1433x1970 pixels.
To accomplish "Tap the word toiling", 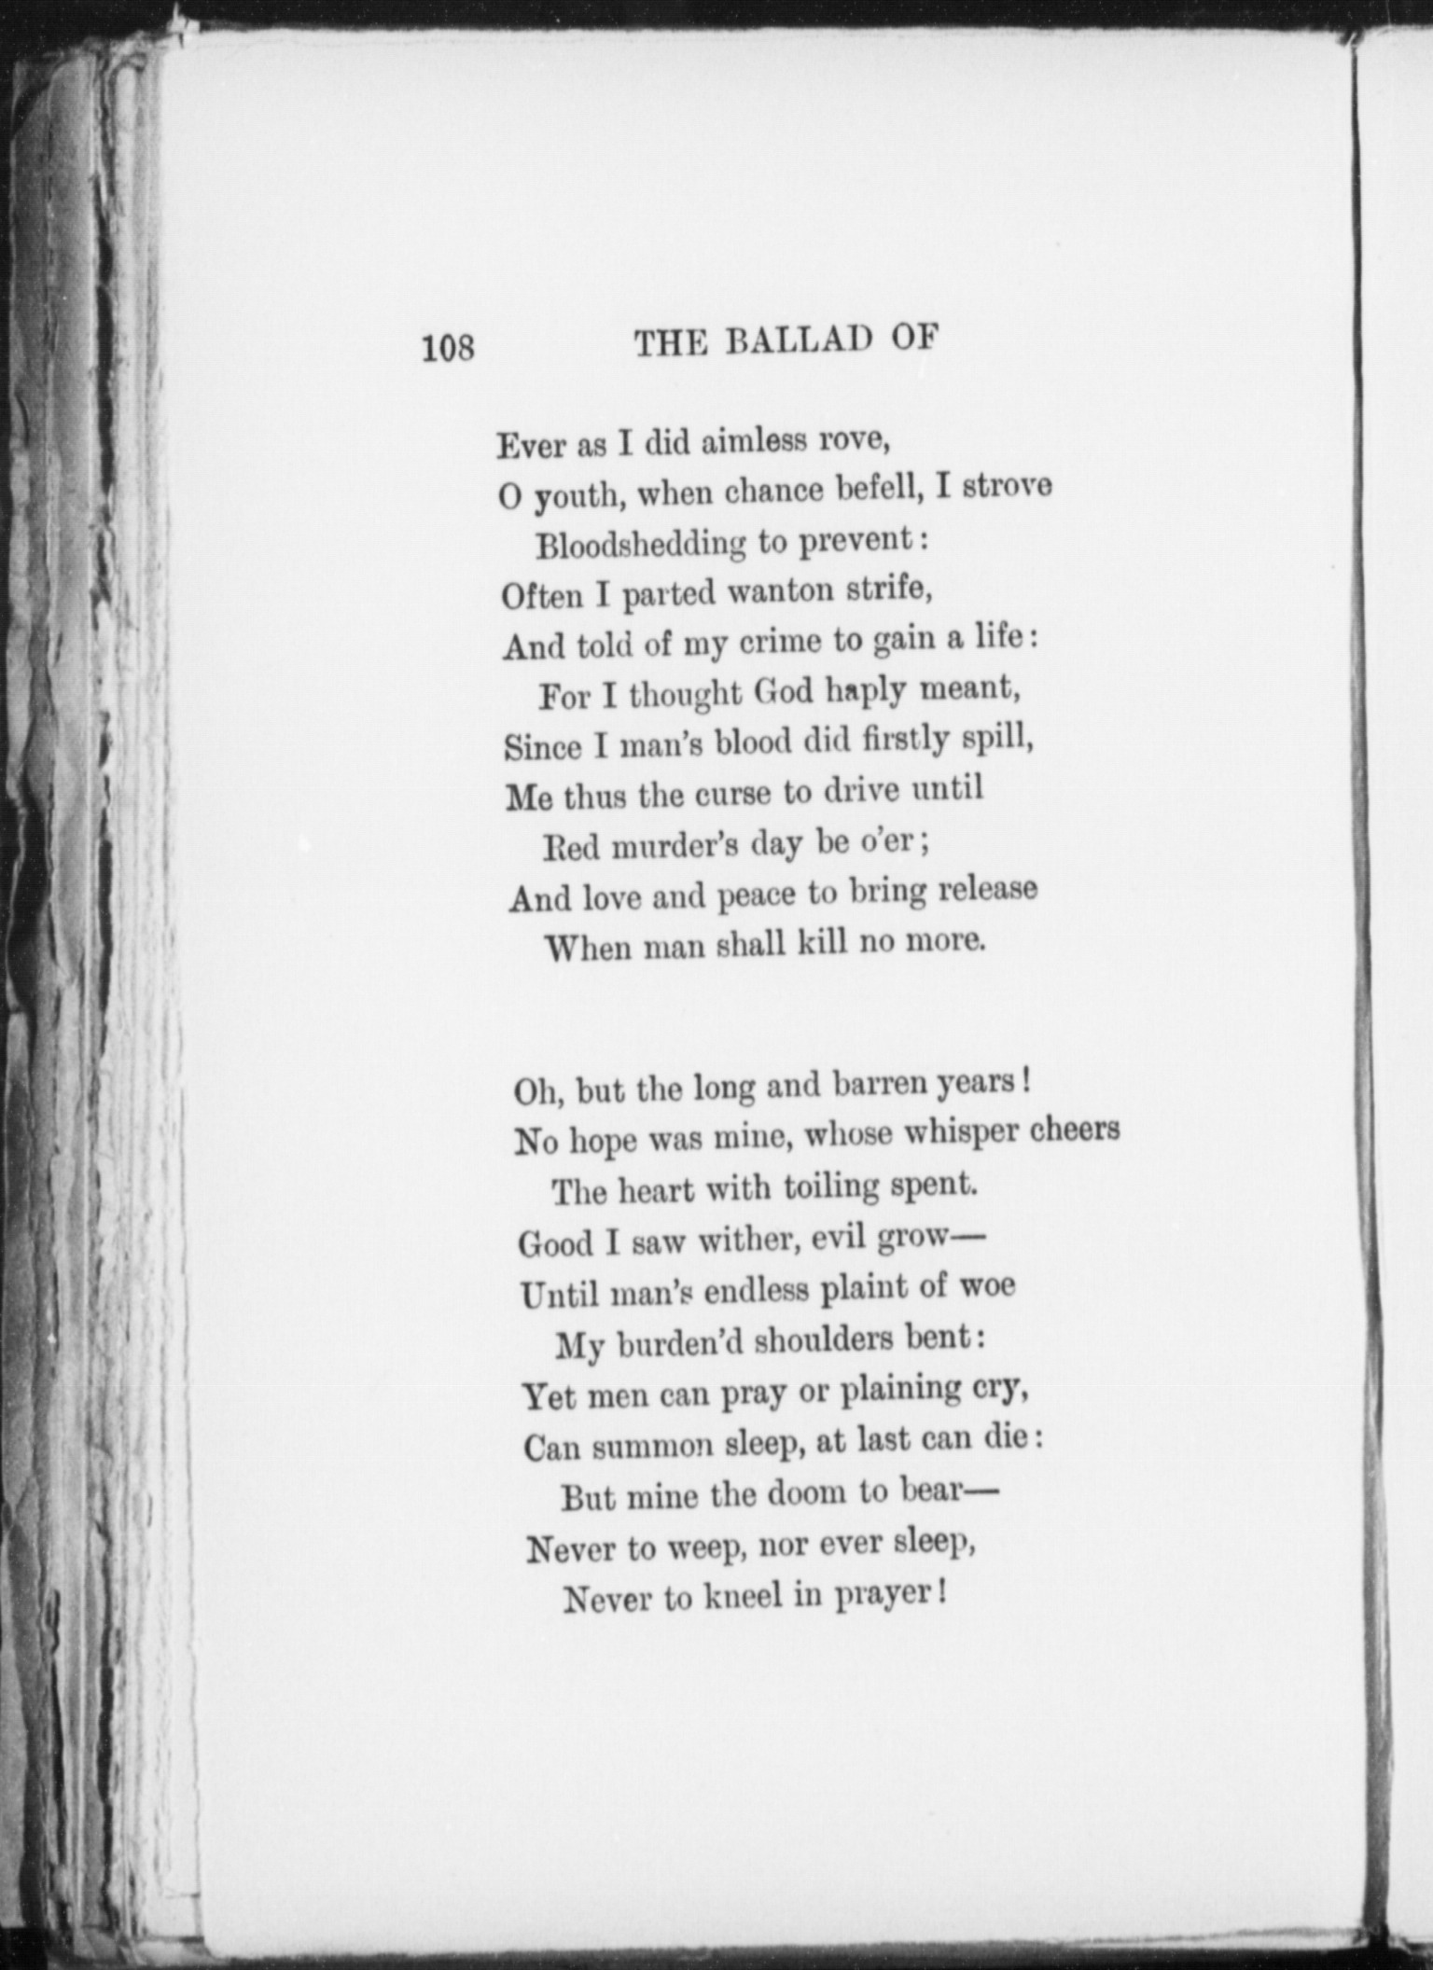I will [831, 1188].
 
